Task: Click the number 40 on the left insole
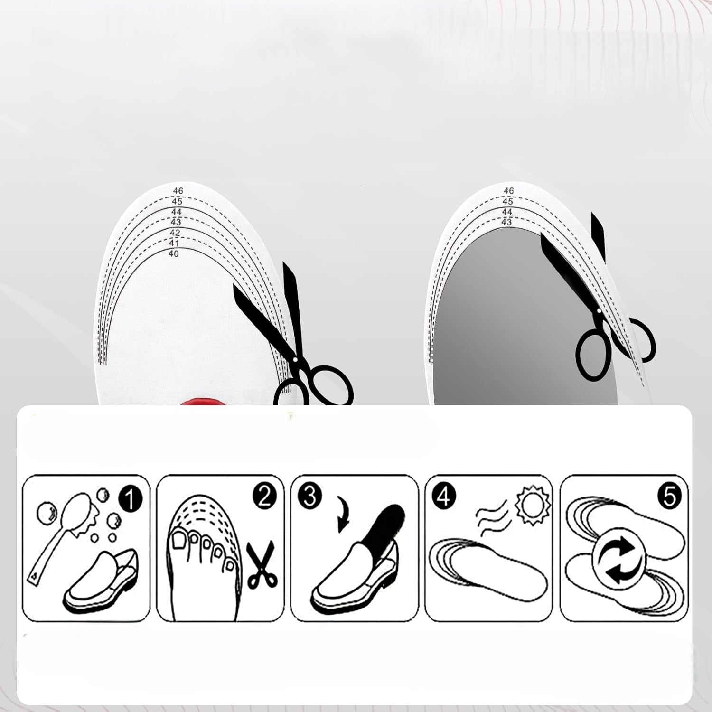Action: [x=174, y=254]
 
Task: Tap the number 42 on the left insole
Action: [x=175, y=233]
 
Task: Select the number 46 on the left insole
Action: [x=178, y=191]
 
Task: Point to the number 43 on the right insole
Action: [x=506, y=222]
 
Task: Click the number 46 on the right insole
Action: [x=509, y=191]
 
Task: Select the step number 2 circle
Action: [x=264, y=497]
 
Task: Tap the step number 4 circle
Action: [x=443, y=497]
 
